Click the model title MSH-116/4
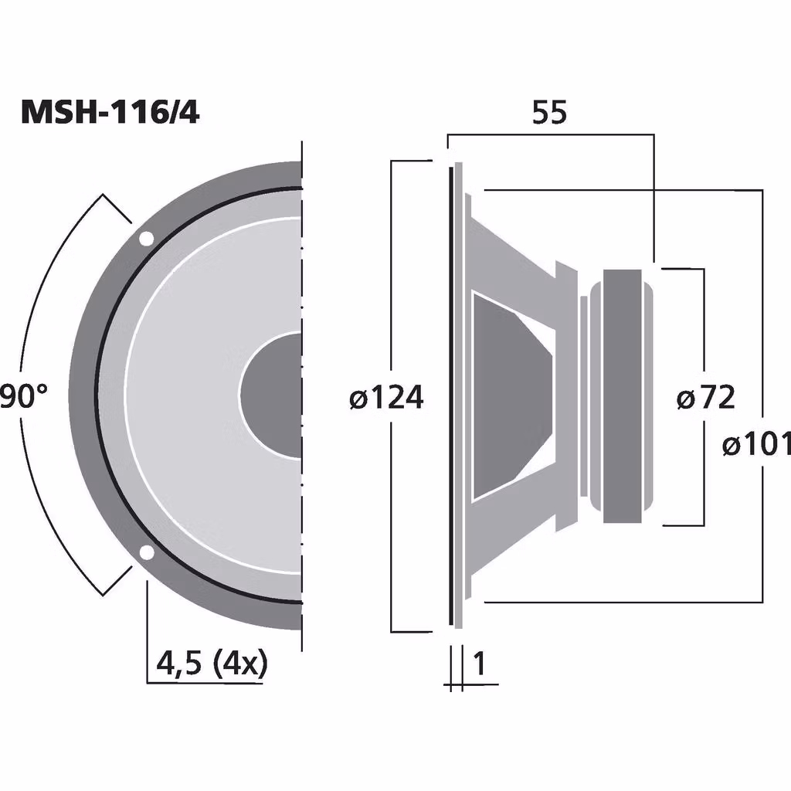(110, 113)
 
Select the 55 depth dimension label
(550, 113)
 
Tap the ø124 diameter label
(386, 398)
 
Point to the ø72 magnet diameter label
(705, 398)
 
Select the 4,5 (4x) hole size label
(211, 663)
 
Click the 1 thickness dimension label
(480, 663)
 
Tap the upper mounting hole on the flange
(145, 239)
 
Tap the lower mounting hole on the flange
(145, 552)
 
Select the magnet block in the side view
(623, 395)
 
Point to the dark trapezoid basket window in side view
(510, 394)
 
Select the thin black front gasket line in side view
(450, 394)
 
